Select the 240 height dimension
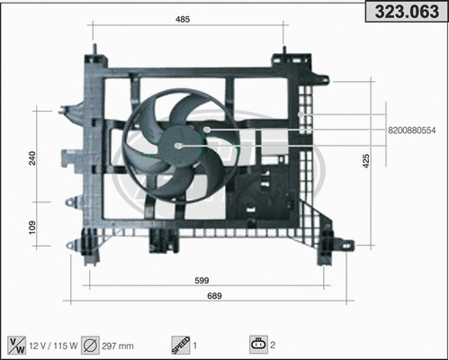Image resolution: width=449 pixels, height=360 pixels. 31,158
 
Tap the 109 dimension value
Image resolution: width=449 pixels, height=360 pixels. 31,229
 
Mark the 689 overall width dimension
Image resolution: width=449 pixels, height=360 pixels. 214,296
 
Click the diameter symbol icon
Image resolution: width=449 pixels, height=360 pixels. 90,343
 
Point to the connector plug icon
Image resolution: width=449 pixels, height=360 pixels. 259,343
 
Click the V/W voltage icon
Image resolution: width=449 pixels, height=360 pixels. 16,343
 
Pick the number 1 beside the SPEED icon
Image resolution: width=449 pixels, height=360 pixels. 195,343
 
